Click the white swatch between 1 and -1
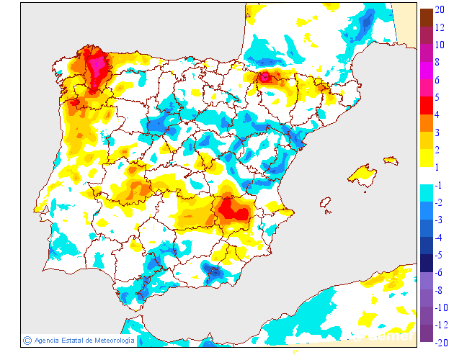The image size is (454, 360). click(x=427, y=176)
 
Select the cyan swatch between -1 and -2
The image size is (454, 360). click(x=427, y=193)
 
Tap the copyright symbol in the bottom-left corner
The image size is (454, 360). click(x=27, y=340)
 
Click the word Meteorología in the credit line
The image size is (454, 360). click(x=109, y=341)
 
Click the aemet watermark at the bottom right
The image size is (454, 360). click(x=393, y=335)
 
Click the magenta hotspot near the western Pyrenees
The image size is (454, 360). click(x=265, y=76)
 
